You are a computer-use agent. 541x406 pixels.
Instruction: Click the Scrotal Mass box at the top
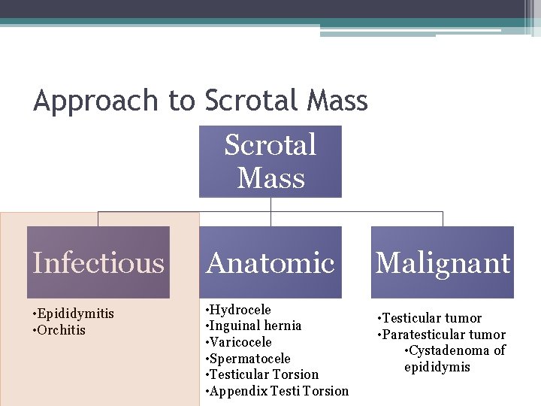pos(270,162)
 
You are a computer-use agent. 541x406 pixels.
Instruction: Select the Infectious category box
pos(98,262)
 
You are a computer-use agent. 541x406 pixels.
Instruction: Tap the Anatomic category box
pos(270,262)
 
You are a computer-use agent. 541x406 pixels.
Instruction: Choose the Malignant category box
pos(443,262)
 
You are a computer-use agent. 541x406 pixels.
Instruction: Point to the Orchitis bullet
pos(59,330)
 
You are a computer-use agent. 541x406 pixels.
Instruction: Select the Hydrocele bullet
pos(238,310)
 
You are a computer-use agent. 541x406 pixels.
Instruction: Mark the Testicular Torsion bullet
pos(262,374)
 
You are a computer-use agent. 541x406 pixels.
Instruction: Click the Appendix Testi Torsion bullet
pos(277,390)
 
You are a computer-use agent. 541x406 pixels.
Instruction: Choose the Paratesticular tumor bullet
pos(441,335)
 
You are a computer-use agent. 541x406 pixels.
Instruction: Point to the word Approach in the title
pos(96,101)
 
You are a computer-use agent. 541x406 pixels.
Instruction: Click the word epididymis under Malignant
pos(437,367)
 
